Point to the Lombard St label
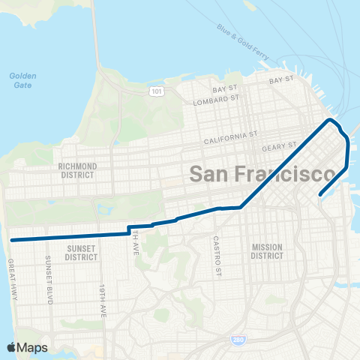coord(214,100)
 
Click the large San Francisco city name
coord(262,174)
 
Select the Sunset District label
coord(81,252)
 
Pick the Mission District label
coord(267,251)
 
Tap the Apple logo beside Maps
coord(10,348)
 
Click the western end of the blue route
coord(12,240)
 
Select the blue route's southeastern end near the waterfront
coord(320,194)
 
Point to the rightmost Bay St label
coord(280,79)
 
